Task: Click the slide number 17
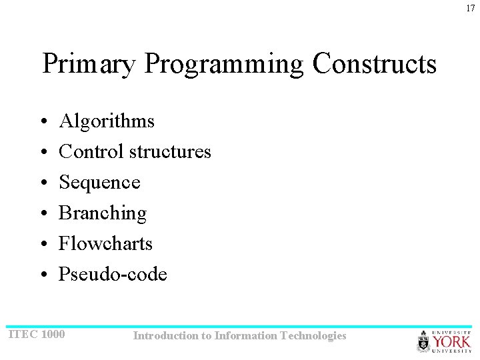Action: tap(471, 8)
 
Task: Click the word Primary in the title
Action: tap(89, 65)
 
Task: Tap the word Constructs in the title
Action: tap(374, 65)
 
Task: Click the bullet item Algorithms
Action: tap(107, 121)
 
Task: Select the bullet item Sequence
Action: tap(99, 183)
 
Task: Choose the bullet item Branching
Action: tap(103, 213)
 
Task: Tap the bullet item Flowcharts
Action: tap(105, 244)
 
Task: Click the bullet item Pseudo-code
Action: tap(113, 275)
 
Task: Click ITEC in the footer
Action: tap(22, 334)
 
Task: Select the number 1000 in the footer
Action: tap(53, 334)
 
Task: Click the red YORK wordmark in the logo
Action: tap(452, 341)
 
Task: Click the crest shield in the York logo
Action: tap(424, 342)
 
